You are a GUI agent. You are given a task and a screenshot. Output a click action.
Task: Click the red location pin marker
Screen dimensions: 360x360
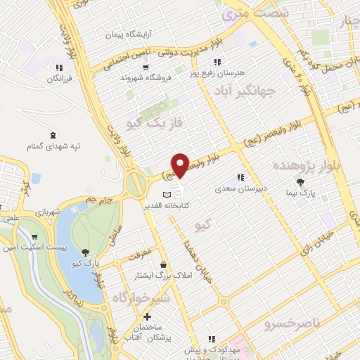181,165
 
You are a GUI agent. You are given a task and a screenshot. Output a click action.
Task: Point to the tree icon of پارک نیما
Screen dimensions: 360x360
301,183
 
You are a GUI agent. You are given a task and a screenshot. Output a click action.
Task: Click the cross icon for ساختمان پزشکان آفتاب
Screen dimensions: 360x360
146,317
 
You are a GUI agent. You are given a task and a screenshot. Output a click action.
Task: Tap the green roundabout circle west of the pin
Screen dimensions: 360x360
135,185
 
